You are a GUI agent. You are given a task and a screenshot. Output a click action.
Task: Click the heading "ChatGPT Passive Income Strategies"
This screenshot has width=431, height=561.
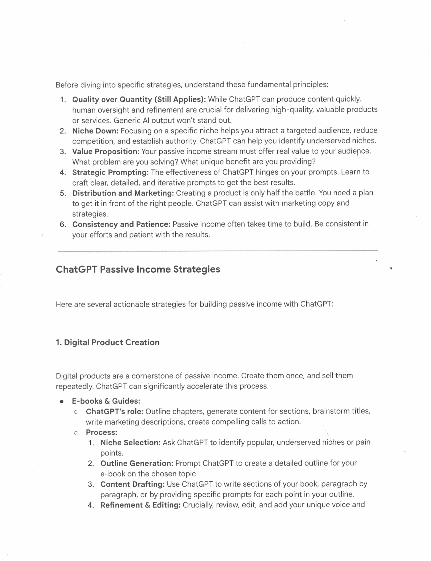tap(138, 269)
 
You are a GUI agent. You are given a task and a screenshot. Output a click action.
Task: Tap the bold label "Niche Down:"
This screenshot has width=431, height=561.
tap(95, 131)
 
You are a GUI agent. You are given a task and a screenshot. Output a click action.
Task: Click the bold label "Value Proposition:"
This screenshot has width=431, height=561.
tap(106, 151)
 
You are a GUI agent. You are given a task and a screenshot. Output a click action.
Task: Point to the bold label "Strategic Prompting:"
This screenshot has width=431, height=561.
tap(110, 172)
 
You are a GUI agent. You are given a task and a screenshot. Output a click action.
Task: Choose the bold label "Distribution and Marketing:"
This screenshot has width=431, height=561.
tap(123, 193)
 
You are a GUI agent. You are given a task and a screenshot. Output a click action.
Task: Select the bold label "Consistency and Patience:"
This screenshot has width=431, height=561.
tap(121, 224)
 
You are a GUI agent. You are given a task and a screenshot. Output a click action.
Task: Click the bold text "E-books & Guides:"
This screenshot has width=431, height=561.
tap(106, 401)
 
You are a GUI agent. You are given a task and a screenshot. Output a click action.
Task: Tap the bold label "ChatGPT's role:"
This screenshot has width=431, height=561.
tap(114, 412)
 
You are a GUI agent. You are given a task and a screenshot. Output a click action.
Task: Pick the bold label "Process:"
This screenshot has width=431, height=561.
tap(101, 432)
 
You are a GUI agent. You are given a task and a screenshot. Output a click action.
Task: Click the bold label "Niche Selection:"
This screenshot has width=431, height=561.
tap(130, 443)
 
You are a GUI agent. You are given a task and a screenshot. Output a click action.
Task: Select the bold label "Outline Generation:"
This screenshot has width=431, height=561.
tap(137, 463)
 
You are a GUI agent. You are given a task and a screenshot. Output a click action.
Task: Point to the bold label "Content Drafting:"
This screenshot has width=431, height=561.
tap(132, 484)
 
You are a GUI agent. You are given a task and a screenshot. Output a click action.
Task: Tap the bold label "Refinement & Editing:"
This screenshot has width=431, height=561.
tap(140, 505)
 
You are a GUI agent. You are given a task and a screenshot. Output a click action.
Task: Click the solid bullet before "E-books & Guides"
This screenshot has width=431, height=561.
tap(62, 402)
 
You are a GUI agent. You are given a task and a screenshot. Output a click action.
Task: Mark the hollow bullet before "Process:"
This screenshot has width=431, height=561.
tap(75, 433)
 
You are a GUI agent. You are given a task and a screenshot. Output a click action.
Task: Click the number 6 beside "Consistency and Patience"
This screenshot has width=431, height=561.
tap(62, 225)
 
